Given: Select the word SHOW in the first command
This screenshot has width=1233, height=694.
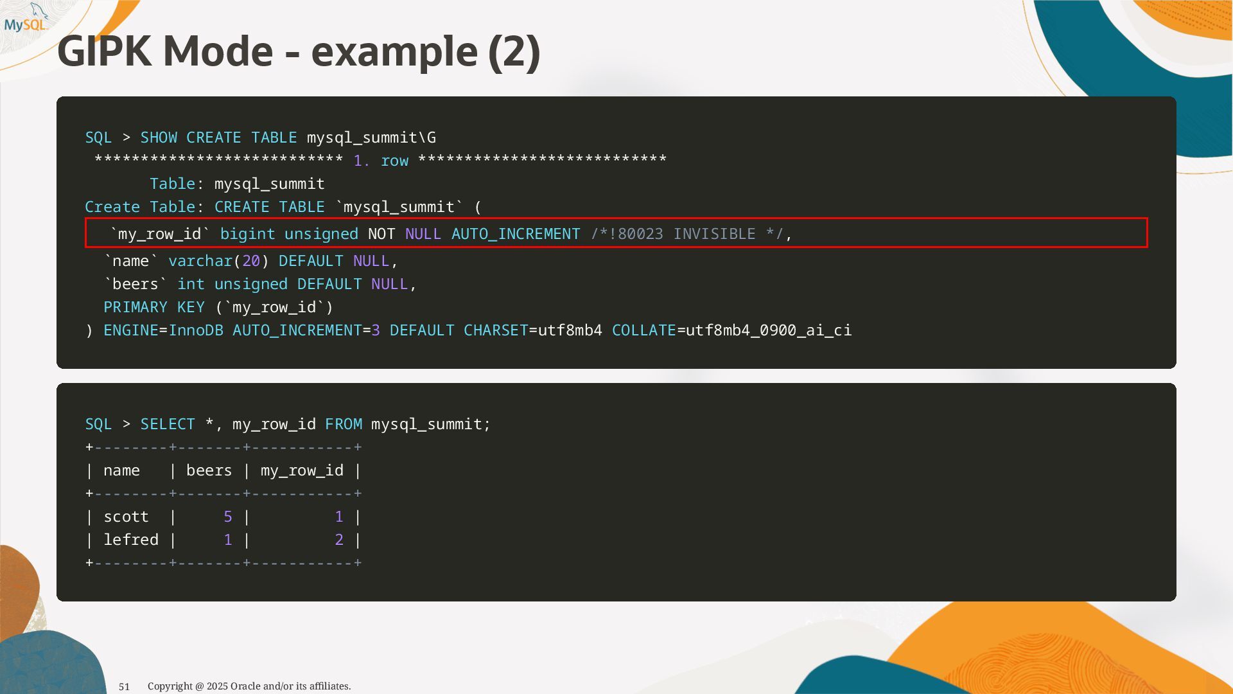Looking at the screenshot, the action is click(159, 138).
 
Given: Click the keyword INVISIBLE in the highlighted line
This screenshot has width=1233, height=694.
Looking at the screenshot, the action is click(714, 234).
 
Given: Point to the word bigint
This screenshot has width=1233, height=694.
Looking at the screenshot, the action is click(247, 234).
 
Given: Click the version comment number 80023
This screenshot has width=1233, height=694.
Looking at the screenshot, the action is click(640, 234).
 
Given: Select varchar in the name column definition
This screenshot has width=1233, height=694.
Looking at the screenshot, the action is click(200, 261).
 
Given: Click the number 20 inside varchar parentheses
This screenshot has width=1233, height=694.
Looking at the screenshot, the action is click(251, 261).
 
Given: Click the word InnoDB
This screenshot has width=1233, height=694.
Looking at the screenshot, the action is click(196, 330).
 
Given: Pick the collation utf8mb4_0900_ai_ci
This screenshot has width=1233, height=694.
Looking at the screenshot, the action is click(769, 330).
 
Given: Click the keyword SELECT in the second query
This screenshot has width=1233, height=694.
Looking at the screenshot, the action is click(168, 424).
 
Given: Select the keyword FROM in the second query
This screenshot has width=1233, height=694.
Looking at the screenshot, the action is click(344, 424).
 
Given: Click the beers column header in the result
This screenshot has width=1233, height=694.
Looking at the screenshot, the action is click(209, 470).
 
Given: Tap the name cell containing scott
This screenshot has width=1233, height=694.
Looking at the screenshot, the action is click(126, 517).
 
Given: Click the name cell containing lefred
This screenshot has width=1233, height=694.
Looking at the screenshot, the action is click(131, 540).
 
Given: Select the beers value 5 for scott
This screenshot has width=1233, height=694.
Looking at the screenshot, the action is click(228, 517).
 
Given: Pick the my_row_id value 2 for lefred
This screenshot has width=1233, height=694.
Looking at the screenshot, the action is click(339, 540).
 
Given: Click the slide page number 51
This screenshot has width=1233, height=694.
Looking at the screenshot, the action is click(125, 686).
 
